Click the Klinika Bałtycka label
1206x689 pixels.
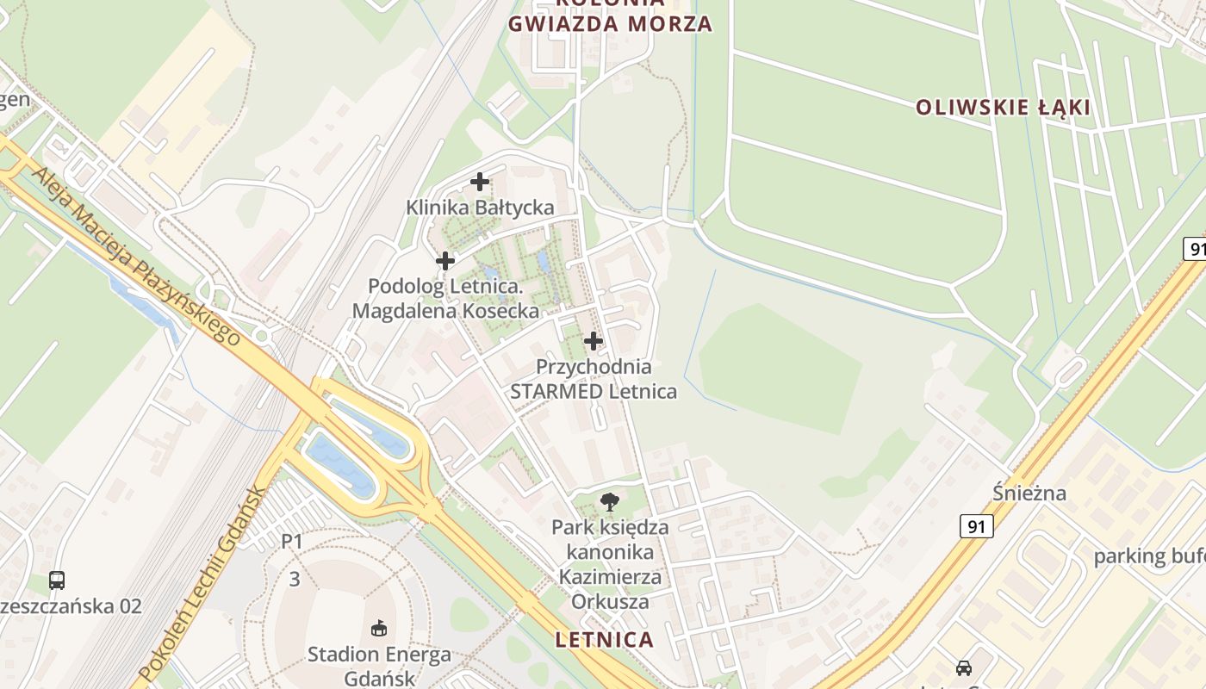(x=480, y=208)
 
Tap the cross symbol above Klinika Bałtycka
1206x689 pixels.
(x=480, y=182)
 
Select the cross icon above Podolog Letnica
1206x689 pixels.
(x=445, y=260)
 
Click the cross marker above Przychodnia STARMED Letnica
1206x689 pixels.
(x=594, y=341)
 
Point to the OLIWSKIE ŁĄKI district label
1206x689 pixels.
(x=1003, y=108)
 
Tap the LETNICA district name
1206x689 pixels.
(x=605, y=640)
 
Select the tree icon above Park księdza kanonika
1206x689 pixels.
(x=610, y=501)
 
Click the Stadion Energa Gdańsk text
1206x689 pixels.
(x=379, y=666)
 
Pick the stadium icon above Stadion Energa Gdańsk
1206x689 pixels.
(x=378, y=629)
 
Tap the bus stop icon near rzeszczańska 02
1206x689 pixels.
(x=57, y=580)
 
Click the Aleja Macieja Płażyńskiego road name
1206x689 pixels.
(x=136, y=256)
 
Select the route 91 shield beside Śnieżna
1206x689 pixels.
(x=977, y=525)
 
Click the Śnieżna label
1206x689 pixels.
(x=1029, y=493)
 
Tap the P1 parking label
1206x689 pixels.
(x=293, y=542)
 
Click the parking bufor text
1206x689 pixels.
(x=1149, y=556)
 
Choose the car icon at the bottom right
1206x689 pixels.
(x=964, y=667)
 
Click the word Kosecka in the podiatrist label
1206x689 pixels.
(x=499, y=311)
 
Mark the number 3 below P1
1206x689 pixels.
(x=295, y=579)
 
